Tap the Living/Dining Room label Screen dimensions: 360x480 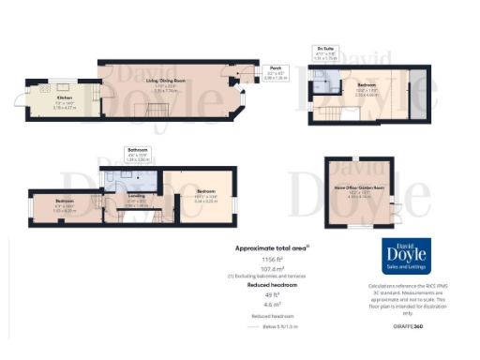(165, 82)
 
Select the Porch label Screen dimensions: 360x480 (276, 67)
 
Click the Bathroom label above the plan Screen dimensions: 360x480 (138, 149)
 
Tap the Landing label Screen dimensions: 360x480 (136, 197)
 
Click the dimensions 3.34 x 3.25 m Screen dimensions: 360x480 (204, 201)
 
